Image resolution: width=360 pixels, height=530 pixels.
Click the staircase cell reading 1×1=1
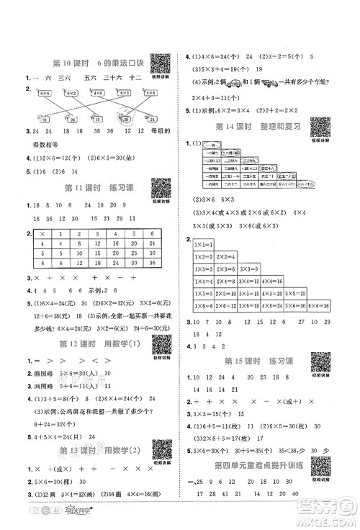point(204,246)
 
